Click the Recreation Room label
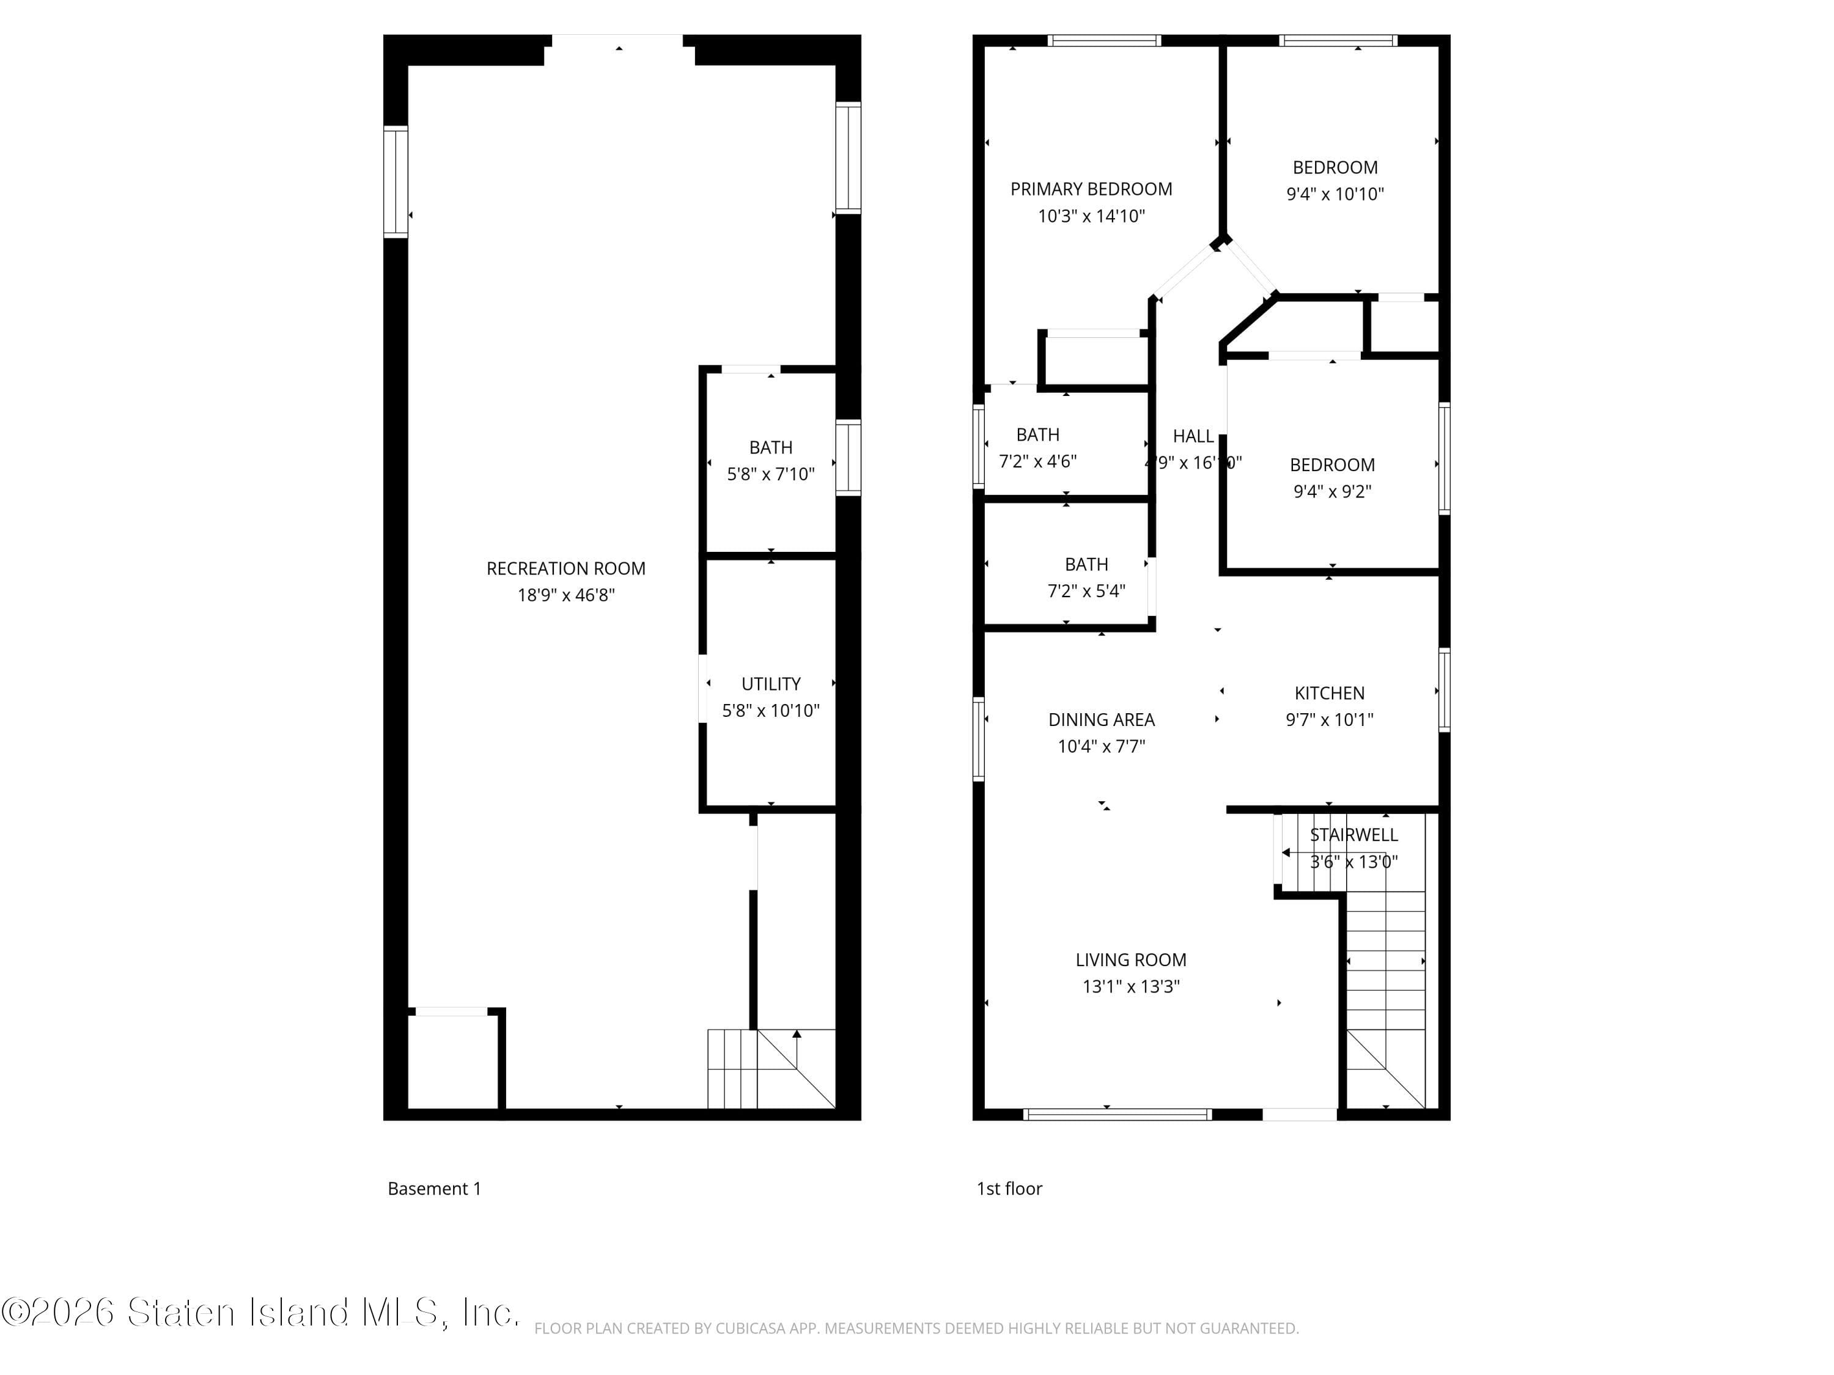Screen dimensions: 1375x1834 565,568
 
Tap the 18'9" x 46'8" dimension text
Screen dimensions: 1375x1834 565,595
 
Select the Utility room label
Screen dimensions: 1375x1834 770,684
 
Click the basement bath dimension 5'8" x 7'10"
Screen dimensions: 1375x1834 770,474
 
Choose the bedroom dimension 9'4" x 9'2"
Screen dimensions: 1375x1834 1331,491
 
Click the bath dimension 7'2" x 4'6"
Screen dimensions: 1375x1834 1037,461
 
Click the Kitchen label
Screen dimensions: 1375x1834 1329,693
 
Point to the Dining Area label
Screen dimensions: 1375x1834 1101,719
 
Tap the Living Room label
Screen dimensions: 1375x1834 1130,960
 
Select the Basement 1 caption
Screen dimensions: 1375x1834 435,1189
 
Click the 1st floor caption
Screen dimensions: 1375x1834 1009,1189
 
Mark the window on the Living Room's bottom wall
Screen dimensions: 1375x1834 1117,1115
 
